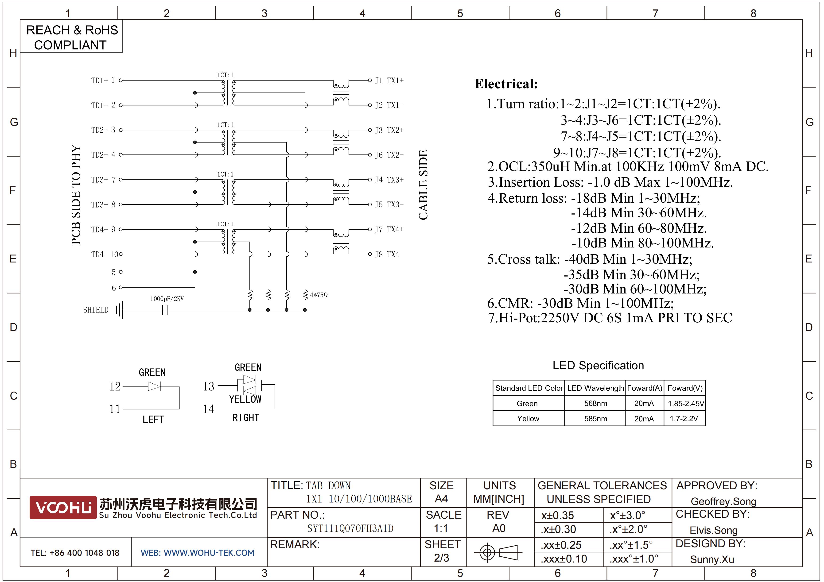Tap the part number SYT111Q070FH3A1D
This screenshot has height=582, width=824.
tap(350, 528)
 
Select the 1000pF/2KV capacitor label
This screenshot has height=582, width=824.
tap(167, 299)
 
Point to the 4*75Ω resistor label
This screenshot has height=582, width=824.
tap(319, 295)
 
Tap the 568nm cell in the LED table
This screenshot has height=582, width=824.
tap(595, 403)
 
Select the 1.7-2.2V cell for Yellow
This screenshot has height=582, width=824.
tap(684, 418)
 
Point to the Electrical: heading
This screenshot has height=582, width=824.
tap(506, 84)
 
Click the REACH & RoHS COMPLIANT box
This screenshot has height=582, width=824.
tap(71, 37)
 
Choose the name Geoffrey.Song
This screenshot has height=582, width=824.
tap(723, 502)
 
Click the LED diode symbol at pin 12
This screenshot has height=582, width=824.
tap(154, 386)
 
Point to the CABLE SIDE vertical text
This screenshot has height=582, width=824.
tap(424, 185)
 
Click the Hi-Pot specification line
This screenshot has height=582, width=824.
tap(610, 318)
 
